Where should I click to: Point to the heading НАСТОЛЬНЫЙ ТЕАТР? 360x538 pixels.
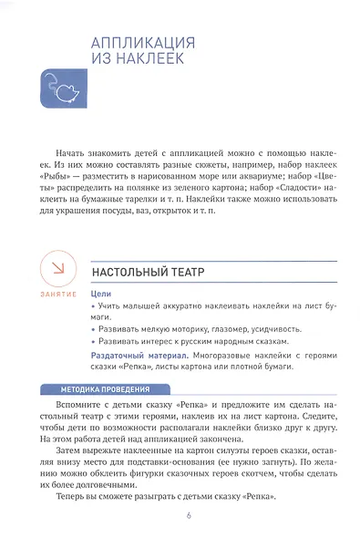[x=147, y=272]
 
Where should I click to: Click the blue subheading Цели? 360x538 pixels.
[x=101, y=295]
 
